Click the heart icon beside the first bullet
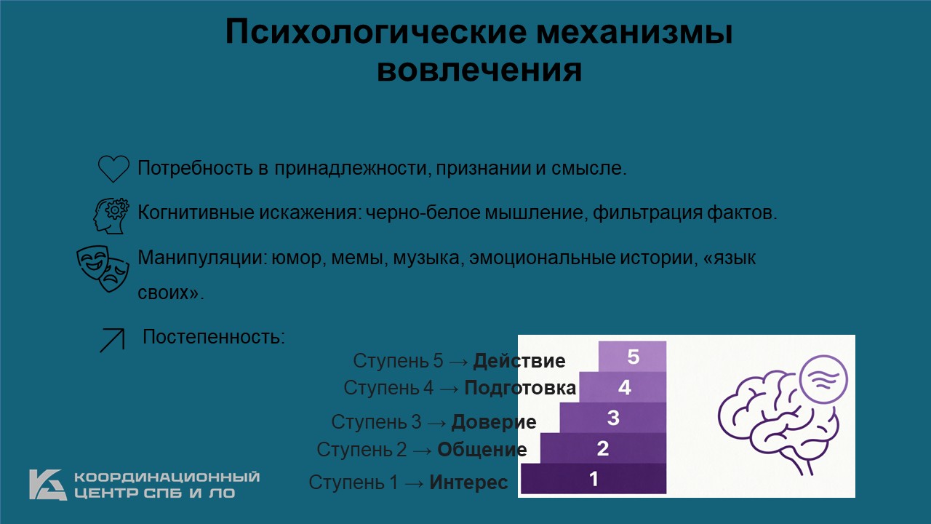pos(113,168)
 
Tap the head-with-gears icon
pos(111,215)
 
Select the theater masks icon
pos(103,269)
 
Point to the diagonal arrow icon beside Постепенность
pos(112,340)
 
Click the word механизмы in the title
pos(634,32)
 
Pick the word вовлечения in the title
pos(479,70)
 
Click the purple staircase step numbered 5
pos(632,357)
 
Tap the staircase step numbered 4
pos(623,387)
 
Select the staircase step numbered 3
pos(612,418)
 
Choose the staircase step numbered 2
pos(603,448)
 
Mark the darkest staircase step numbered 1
pos(594,479)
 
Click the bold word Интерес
pos(468,483)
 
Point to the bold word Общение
pos(482,450)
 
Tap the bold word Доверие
pos(494,422)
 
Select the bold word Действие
pos(519,360)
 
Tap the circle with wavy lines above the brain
pos(824,379)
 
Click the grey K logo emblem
pos(48,485)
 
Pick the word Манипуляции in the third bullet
pos(202,258)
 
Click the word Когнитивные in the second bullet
pos(196,213)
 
